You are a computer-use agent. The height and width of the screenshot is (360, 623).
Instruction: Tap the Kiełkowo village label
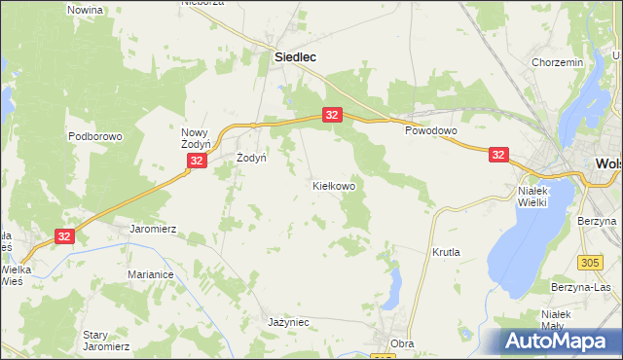coord(333,185)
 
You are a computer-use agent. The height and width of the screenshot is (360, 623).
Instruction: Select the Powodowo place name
coord(431,129)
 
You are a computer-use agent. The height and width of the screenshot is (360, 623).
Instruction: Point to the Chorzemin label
coord(558,62)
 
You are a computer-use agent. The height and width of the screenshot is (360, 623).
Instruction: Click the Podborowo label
coord(95,137)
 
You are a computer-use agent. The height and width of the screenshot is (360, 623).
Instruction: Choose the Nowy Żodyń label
coord(197,138)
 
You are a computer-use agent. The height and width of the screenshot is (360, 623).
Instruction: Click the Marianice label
coord(150,275)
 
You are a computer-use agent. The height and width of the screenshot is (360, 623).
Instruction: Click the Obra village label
coord(402,343)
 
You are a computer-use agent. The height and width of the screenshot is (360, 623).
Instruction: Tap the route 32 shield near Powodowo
coord(498,155)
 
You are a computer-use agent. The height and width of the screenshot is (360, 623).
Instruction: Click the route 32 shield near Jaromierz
coord(64,236)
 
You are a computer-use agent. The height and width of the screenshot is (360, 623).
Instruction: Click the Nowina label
coord(86,10)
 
